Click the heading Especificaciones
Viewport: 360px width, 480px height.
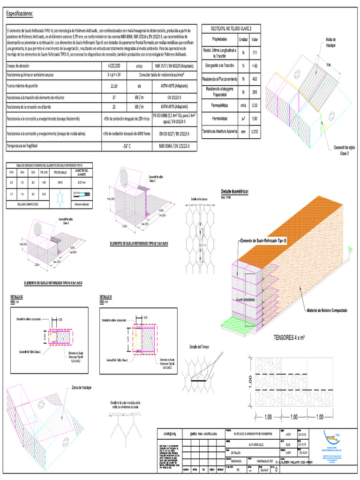[20, 14]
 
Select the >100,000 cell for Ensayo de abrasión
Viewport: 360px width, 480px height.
[114, 66]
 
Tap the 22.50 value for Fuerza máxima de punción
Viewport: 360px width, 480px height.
[114, 86]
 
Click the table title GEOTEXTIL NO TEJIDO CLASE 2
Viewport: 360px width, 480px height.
[231, 29]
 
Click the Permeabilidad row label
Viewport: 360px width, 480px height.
[219, 106]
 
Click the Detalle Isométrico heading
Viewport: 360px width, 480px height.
[234, 192]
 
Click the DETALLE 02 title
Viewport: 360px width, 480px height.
[16, 297]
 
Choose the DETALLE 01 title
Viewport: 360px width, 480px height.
[106, 297]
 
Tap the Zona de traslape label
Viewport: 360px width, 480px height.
[81, 388]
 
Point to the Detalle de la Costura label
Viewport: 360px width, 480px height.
[199, 199]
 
